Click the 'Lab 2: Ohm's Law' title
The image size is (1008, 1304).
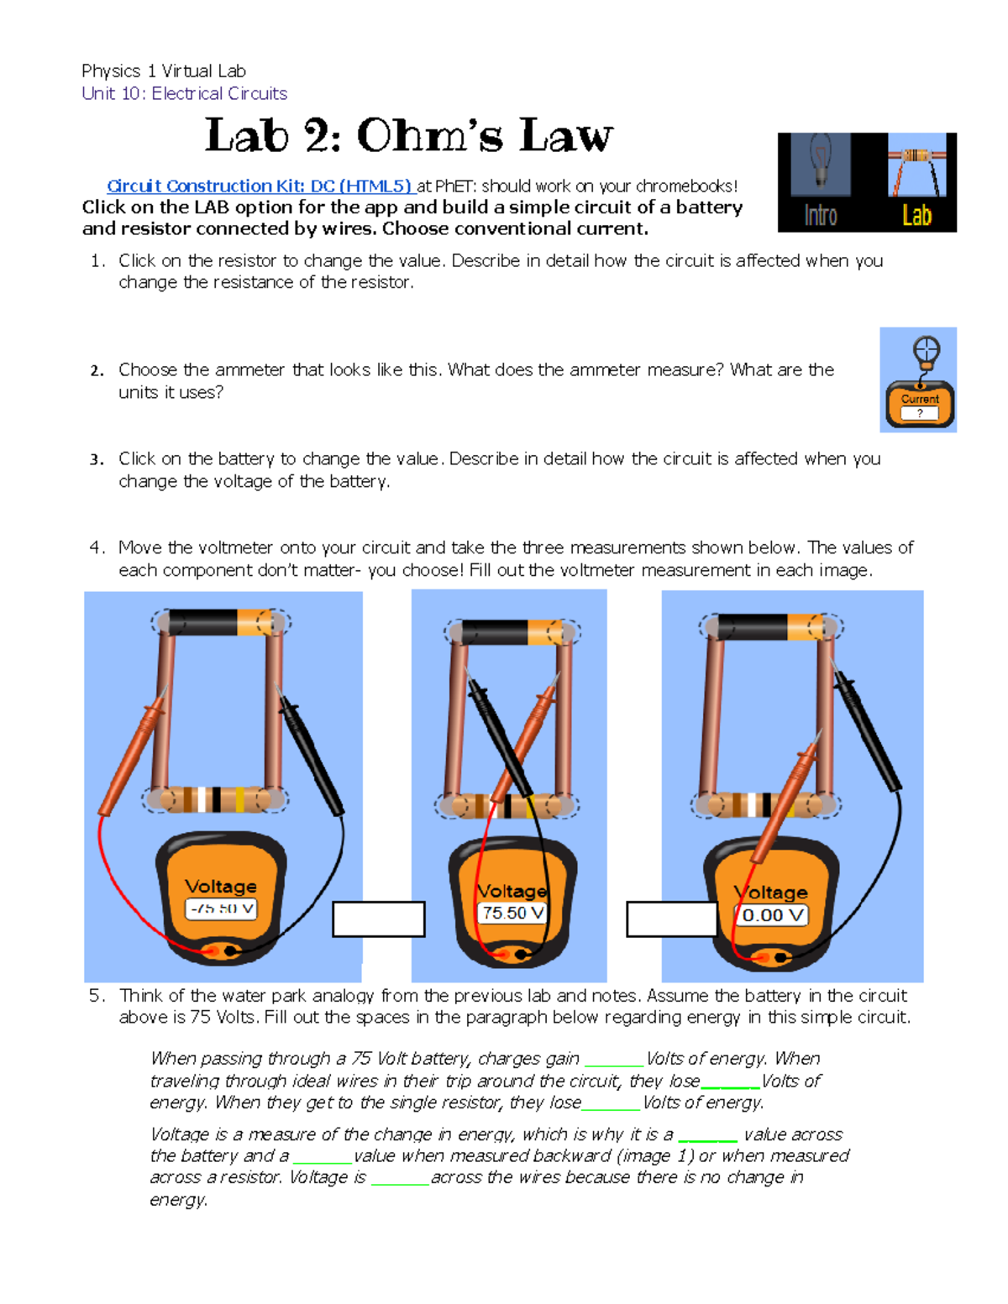pyautogui.click(x=409, y=136)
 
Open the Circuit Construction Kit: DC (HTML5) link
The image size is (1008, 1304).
pyautogui.click(x=260, y=186)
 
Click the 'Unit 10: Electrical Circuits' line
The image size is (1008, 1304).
pyautogui.click(x=184, y=93)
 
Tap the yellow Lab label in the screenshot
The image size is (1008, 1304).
pyautogui.click(x=916, y=216)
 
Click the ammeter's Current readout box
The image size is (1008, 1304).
pyautogui.click(x=919, y=413)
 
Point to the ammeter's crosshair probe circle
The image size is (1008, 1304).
pyautogui.click(x=926, y=349)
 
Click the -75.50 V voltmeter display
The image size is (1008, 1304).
pyautogui.click(x=221, y=909)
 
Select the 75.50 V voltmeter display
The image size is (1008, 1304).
pyautogui.click(x=512, y=913)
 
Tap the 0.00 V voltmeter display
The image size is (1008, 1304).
pyautogui.click(x=772, y=915)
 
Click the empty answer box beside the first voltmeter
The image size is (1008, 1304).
pyautogui.click(x=379, y=919)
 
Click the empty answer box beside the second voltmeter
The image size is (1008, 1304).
pyautogui.click(x=671, y=919)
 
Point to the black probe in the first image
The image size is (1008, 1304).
pyautogui.click(x=312, y=756)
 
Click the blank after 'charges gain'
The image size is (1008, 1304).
pyautogui.click(x=613, y=1060)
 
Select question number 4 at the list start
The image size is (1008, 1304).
pyautogui.click(x=97, y=548)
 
